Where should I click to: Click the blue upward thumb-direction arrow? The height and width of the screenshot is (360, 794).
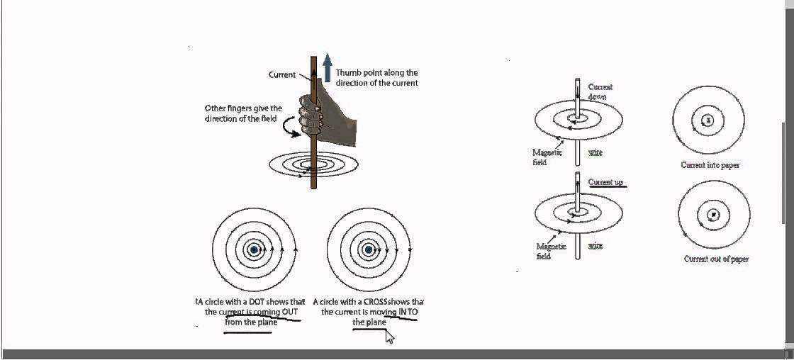(327, 68)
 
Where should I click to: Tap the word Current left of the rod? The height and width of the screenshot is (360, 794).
(282, 74)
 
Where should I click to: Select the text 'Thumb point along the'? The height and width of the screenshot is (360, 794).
(376, 72)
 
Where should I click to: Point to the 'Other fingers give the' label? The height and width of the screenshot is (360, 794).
(243, 108)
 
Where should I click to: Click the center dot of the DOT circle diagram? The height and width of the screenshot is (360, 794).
(254, 249)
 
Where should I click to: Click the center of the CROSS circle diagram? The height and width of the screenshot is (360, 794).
(368, 249)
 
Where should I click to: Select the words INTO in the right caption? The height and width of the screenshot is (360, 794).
(407, 312)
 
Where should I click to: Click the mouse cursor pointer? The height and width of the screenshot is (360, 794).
(389, 337)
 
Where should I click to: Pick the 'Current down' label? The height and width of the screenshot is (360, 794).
(600, 91)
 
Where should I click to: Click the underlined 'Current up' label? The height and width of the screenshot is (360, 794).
(605, 183)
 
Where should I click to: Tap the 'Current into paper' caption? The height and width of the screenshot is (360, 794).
(710, 165)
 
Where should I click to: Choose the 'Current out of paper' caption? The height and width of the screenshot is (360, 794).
(716, 259)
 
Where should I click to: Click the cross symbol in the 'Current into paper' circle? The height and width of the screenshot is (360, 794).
(707, 120)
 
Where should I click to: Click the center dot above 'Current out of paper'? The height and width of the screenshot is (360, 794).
(712, 214)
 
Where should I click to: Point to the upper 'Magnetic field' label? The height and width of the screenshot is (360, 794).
(547, 157)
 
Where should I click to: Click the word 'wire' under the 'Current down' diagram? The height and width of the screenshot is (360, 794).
(595, 153)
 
